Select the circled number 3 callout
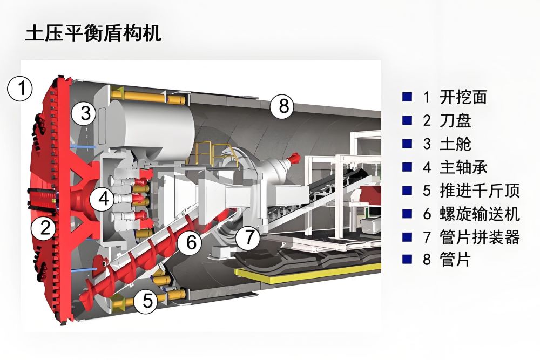[86, 113]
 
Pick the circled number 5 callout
[147, 300]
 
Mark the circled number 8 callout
[283, 106]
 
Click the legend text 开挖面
[463, 97]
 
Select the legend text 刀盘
[456, 120]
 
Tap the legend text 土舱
[456, 144]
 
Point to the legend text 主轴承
[463, 167]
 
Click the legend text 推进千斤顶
[479, 190]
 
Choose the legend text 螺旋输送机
[479, 214]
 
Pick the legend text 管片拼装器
[479, 237]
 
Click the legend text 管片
[456, 260]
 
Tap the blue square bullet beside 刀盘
[407, 120]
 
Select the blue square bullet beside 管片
[407, 260]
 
